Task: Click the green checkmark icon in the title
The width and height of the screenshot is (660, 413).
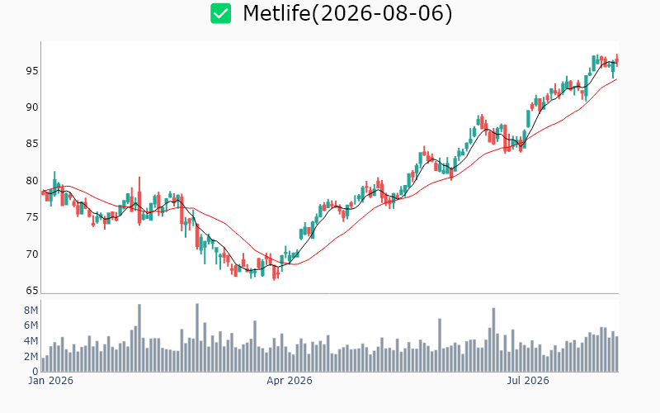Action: [220, 13]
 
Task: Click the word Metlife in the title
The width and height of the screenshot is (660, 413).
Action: [276, 13]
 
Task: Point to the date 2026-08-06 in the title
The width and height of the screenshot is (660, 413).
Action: [382, 13]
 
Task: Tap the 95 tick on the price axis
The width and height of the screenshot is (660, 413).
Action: [32, 71]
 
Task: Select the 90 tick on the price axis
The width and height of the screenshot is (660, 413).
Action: [32, 107]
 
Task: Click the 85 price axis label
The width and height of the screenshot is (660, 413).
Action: [32, 144]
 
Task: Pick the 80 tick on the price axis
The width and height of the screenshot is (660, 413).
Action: [32, 181]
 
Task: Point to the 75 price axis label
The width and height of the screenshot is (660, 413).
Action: [32, 217]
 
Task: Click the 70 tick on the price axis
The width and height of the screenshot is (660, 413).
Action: [32, 254]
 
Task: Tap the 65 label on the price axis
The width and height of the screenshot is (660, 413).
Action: [32, 291]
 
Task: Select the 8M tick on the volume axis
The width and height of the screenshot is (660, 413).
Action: [31, 311]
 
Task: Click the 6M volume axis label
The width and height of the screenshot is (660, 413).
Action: [31, 325]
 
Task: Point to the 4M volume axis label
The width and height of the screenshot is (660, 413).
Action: [31, 341]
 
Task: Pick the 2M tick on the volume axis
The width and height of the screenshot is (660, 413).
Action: [31, 357]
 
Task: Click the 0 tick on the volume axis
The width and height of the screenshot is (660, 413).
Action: [35, 371]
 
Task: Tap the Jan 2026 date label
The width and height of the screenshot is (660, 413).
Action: [51, 381]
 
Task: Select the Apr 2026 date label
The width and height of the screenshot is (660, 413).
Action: [290, 381]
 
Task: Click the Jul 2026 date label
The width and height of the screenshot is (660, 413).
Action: [528, 381]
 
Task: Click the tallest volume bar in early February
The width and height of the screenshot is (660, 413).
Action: [139, 338]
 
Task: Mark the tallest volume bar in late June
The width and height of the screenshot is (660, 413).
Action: [493, 339]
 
